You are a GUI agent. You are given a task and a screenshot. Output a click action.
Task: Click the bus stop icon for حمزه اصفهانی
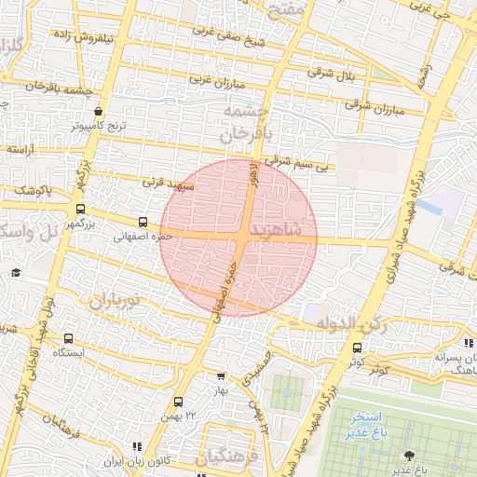coord(143,222)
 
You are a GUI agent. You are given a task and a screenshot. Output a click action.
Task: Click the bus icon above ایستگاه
coord(68,338)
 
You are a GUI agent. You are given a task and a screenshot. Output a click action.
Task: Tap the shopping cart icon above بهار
coord(220,376)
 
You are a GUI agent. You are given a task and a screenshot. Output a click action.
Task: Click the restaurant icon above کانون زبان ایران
coord(138,448)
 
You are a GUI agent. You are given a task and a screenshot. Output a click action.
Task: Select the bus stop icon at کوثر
coord(358,347)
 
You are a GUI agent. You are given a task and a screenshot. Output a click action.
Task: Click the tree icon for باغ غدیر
coord(407,455)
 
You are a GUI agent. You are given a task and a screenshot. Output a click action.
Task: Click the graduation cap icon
coord(16,273)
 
